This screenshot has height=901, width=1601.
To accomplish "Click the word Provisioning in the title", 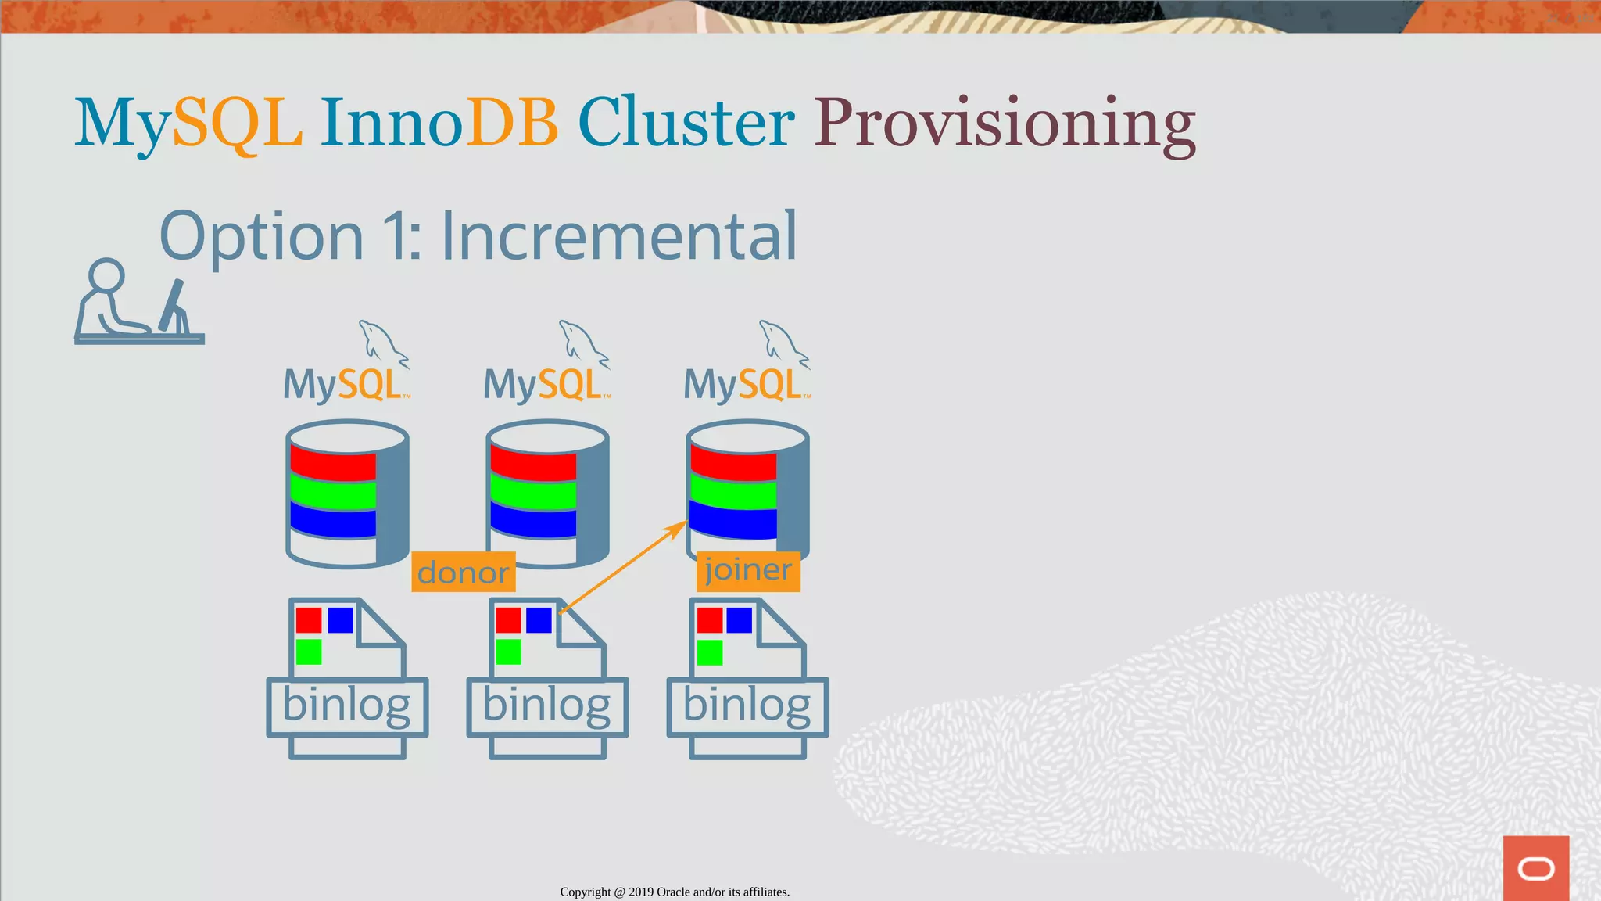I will [x=1005, y=124].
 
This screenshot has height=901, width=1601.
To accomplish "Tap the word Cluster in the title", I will [x=686, y=124].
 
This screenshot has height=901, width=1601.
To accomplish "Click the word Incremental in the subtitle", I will [x=618, y=235].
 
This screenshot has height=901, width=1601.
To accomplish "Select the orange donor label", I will [x=463, y=573].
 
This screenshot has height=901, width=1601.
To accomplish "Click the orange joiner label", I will [x=748, y=570].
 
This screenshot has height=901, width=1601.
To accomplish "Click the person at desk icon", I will [x=138, y=303].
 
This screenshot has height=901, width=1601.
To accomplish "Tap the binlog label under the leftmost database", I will [x=347, y=706].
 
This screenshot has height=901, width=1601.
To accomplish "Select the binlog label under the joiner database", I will [x=747, y=706].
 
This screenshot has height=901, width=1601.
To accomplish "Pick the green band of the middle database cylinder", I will [x=533, y=495].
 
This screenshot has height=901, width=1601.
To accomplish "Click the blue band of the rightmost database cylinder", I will [x=733, y=522].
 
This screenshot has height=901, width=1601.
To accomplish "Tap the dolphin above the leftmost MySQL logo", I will [x=382, y=343].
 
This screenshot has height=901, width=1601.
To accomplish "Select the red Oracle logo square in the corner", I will [x=1535, y=867].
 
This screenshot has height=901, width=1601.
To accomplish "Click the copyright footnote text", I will [x=675, y=892].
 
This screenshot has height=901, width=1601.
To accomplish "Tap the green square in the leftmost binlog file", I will [x=309, y=652].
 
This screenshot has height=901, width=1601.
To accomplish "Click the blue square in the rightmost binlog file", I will [x=739, y=620].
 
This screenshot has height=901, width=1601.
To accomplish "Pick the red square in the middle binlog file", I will [x=508, y=620].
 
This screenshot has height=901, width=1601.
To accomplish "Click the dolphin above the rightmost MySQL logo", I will [x=783, y=343].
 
